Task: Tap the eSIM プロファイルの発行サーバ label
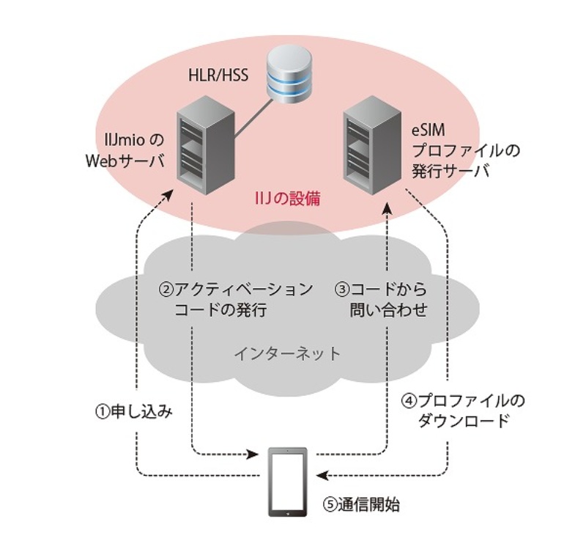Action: [x=450, y=150]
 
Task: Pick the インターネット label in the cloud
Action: [x=287, y=354]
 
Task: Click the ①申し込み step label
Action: [x=136, y=411]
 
